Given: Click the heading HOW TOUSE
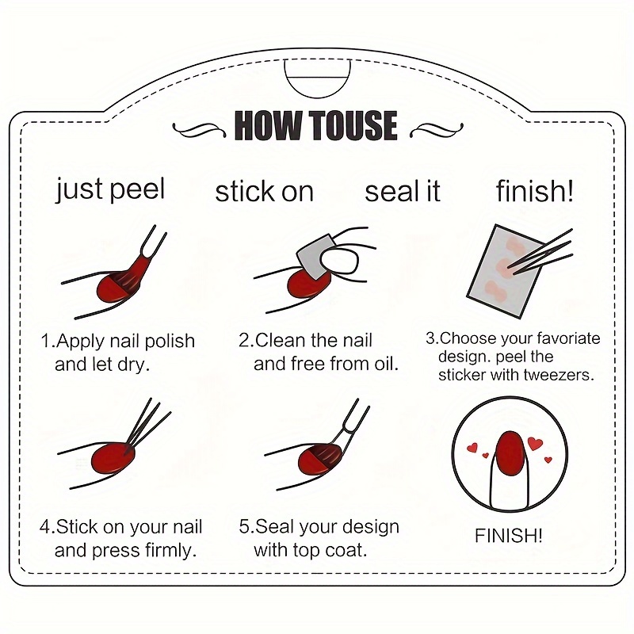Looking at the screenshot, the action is tap(315, 125).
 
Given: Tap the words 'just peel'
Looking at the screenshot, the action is tap(110, 189).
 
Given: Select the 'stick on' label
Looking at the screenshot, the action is tap(265, 192).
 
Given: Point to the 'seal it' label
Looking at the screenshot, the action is tap(403, 192).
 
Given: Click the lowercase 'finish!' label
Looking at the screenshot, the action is tap(534, 191).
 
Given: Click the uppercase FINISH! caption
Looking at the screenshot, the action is tap(508, 536).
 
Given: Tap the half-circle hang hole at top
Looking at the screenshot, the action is tap(318, 78).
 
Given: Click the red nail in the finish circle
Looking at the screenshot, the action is tap(510, 453).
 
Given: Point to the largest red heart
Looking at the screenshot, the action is tap(535, 444).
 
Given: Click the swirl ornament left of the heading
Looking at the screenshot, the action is tap(200, 130).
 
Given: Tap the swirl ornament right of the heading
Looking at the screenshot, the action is tap(437, 129).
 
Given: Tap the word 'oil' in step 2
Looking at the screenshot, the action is tap(384, 364).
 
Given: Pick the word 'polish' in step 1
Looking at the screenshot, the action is tap(170, 342).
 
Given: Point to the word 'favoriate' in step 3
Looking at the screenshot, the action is tap(568, 338).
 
